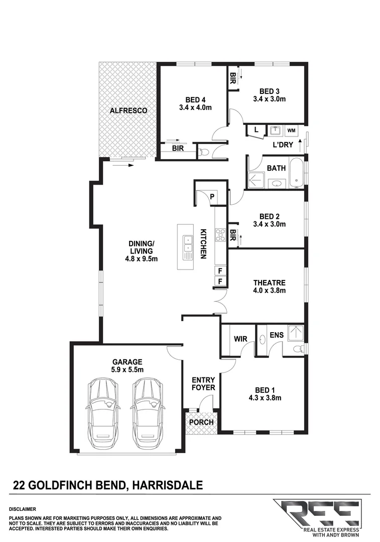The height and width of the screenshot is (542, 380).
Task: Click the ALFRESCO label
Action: (x=129, y=110)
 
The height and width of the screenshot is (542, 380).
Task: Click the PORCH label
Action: (x=201, y=422)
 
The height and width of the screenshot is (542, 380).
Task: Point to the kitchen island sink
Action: (x=188, y=247)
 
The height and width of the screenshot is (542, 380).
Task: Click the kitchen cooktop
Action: (x=220, y=234)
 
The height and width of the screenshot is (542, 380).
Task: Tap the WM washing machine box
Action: (x=291, y=130)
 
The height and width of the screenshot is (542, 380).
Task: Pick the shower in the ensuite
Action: (x=296, y=332)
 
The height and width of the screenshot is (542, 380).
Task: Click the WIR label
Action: (x=239, y=339)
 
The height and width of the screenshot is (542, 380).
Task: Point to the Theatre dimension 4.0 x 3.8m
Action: (x=269, y=291)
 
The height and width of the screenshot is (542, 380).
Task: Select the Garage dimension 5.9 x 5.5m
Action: (x=128, y=370)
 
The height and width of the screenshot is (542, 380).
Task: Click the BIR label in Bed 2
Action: (x=233, y=235)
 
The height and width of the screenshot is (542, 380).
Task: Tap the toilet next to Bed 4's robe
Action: (x=203, y=152)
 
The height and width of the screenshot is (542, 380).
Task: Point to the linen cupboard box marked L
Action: (x=257, y=130)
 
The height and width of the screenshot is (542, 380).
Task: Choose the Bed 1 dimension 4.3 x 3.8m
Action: (x=264, y=398)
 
